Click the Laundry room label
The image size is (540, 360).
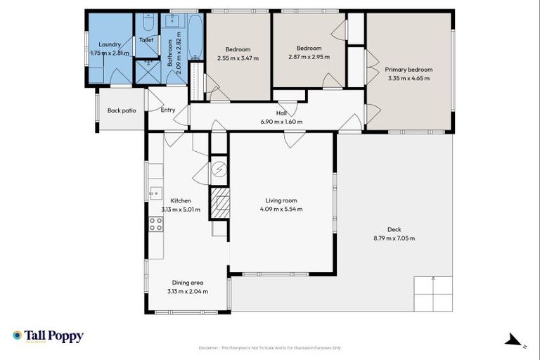point(110,44)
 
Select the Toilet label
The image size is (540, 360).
point(146,40)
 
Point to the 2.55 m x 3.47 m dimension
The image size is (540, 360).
point(238,58)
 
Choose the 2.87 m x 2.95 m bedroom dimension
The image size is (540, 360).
point(307,58)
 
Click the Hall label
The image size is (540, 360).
point(281,112)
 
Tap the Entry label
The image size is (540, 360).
point(168,110)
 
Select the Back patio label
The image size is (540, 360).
point(121,110)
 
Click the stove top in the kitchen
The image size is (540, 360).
point(155,224)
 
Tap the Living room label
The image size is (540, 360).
point(281,200)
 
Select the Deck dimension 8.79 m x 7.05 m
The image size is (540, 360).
point(394,238)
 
